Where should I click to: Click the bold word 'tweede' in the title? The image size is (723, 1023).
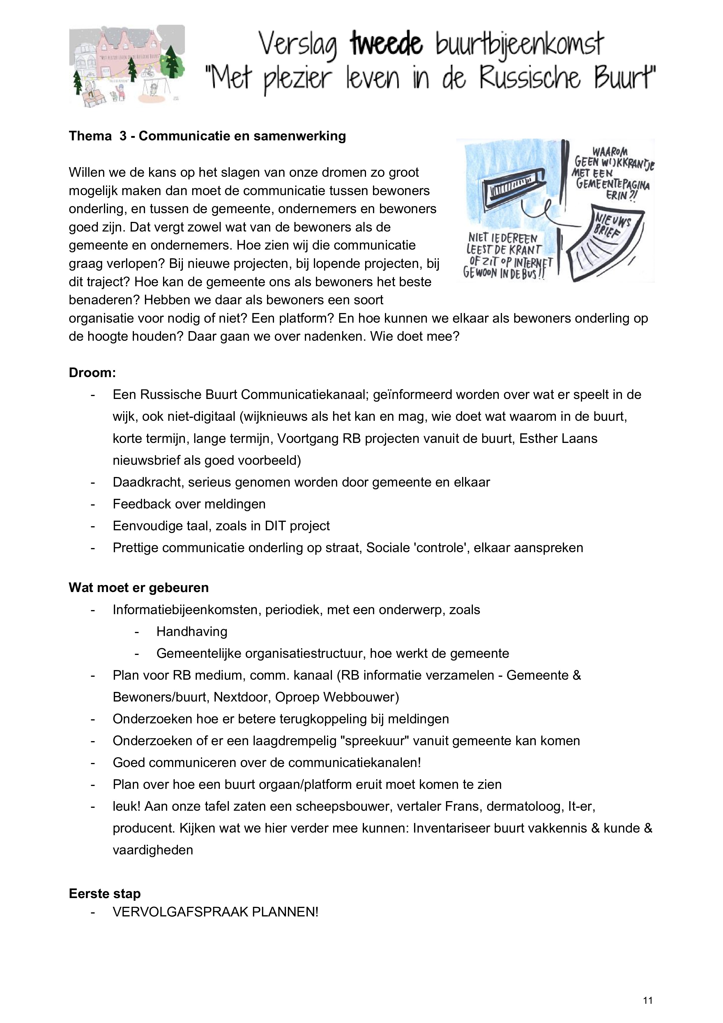[x=386, y=45]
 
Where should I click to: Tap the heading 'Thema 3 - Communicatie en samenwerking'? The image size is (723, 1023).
[x=207, y=136]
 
